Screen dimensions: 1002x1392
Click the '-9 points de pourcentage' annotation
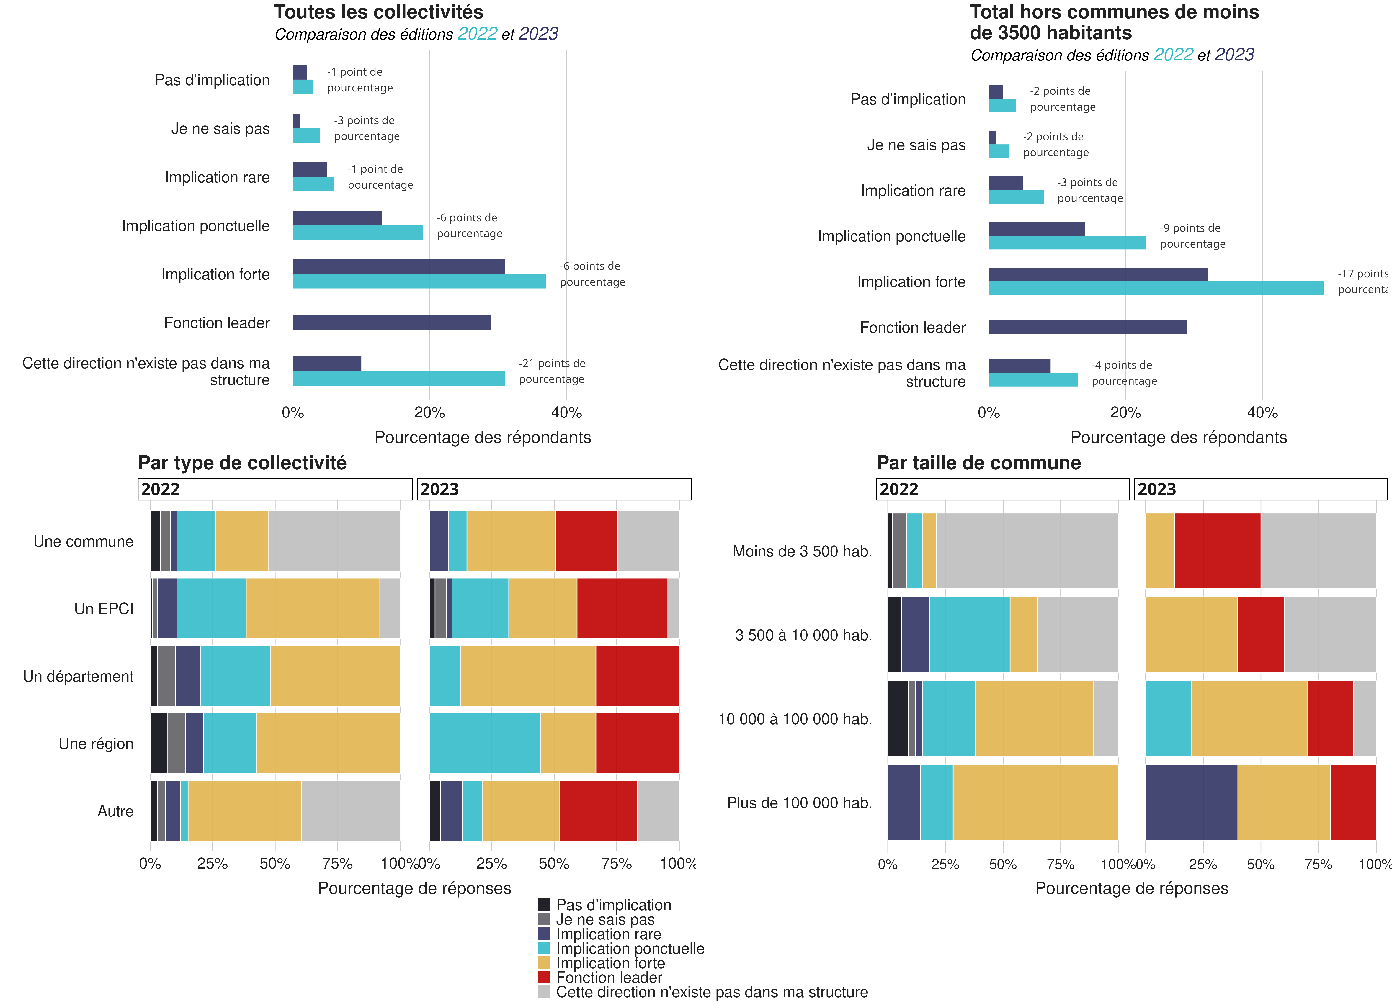(x=1192, y=236)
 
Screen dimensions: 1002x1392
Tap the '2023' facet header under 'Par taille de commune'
(x=1260, y=489)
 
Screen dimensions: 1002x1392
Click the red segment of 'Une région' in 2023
(x=637, y=743)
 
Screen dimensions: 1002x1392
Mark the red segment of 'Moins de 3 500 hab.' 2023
(x=1217, y=550)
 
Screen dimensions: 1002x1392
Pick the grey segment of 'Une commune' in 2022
(x=334, y=541)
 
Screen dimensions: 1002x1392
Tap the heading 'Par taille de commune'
(x=978, y=463)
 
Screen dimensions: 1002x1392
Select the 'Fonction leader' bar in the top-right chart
(x=1088, y=327)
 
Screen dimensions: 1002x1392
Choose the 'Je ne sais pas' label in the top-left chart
(x=220, y=129)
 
